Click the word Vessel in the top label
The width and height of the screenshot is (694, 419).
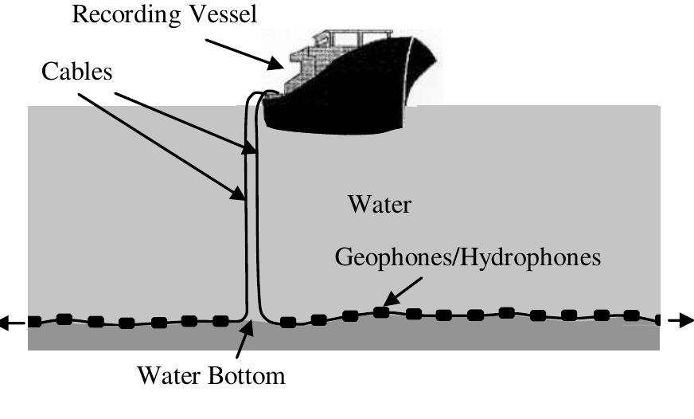[224, 15]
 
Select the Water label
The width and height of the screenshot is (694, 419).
[380, 205]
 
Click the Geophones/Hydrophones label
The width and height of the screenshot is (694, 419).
[467, 257]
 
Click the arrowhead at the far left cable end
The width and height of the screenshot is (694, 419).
[6, 323]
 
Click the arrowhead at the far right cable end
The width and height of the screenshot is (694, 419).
[685, 321]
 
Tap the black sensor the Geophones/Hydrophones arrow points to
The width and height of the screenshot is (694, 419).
[382, 312]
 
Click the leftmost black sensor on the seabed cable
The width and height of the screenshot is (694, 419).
[34, 322]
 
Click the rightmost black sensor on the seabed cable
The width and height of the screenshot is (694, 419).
[658, 320]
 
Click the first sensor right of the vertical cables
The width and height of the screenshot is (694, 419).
[288, 323]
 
